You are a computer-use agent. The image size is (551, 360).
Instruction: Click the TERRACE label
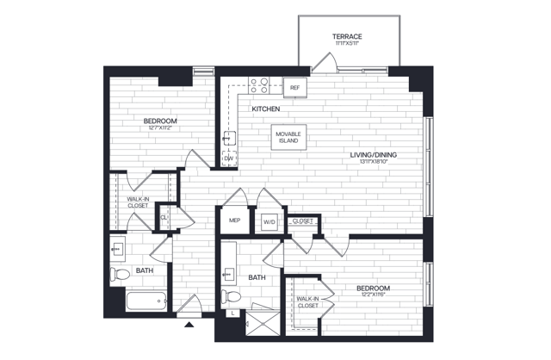(x=348, y=36)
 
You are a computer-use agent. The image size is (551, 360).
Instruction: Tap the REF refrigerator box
(x=294, y=87)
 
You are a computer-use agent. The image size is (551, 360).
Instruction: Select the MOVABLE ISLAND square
(x=288, y=138)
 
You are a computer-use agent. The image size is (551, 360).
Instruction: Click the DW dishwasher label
(x=229, y=158)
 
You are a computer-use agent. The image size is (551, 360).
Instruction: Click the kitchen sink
(x=229, y=136)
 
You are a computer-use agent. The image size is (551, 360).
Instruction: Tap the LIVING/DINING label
(x=373, y=155)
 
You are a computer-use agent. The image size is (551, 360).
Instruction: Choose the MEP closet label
(x=233, y=220)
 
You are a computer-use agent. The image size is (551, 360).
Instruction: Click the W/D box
(x=268, y=221)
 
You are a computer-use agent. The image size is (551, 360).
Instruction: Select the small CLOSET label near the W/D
(x=301, y=220)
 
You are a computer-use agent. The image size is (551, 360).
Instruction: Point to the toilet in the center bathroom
(x=230, y=297)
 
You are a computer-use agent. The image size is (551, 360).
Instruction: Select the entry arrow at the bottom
(x=189, y=325)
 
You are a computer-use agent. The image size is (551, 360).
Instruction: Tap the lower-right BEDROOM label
(x=373, y=288)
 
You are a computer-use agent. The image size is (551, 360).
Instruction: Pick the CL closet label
(x=164, y=217)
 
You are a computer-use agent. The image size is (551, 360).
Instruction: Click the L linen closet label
(x=232, y=313)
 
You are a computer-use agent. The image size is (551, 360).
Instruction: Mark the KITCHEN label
(x=266, y=109)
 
